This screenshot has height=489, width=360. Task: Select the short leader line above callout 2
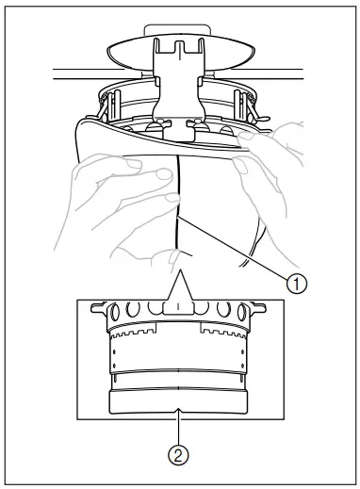pos(179,425)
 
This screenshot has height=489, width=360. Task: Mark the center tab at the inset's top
pos(178,307)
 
